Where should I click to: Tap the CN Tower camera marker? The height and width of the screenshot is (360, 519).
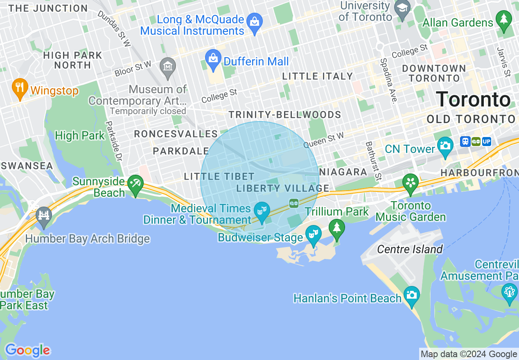(445, 145)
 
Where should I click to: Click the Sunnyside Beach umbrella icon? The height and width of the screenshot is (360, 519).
(135, 184)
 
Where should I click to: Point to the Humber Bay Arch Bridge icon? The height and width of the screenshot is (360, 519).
(44, 216)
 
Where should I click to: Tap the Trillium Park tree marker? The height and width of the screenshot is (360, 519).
(336, 228)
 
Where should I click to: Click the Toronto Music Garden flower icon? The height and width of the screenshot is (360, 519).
(410, 183)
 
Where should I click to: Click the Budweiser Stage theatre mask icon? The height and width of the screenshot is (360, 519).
(313, 235)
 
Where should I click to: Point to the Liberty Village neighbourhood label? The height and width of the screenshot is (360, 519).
(283, 188)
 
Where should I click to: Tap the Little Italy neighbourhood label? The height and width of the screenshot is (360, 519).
(317, 76)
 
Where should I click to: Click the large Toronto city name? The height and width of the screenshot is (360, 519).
(473, 99)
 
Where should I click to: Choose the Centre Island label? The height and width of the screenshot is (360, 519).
(410, 249)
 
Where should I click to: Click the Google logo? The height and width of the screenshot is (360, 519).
(27, 350)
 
